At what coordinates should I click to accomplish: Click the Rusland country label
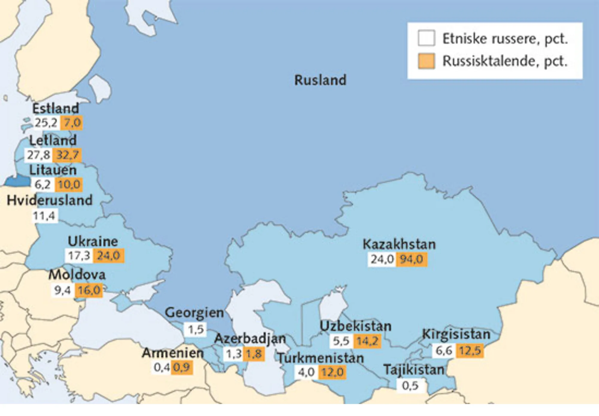click(320, 80)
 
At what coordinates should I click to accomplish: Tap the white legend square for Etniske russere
click(426, 38)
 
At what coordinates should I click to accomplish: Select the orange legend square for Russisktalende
click(426, 61)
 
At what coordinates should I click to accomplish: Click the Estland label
click(56, 108)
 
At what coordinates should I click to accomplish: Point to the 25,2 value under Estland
click(46, 123)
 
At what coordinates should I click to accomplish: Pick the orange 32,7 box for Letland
click(67, 155)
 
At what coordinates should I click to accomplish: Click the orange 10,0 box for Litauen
click(69, 184)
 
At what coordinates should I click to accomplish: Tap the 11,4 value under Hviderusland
click(44, 216)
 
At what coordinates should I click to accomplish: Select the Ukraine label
click(93, 241)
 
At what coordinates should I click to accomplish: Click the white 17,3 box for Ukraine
click(79, 256)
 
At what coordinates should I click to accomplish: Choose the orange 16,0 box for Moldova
click(89, 290)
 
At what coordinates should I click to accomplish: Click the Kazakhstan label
click(399, 244)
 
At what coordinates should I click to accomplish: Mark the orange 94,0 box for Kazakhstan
click(412, 259)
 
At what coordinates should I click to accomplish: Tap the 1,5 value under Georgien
click(196, 329)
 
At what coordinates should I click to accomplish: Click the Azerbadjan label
click(250, 339)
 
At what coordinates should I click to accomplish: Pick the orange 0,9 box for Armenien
click(182, 367)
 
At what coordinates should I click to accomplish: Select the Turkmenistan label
click(320, 358)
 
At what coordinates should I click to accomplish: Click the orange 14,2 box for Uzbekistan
click(367, 341)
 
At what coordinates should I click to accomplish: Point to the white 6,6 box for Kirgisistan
click(444, 350)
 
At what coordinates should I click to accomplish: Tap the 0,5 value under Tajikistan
click(410, 386)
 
